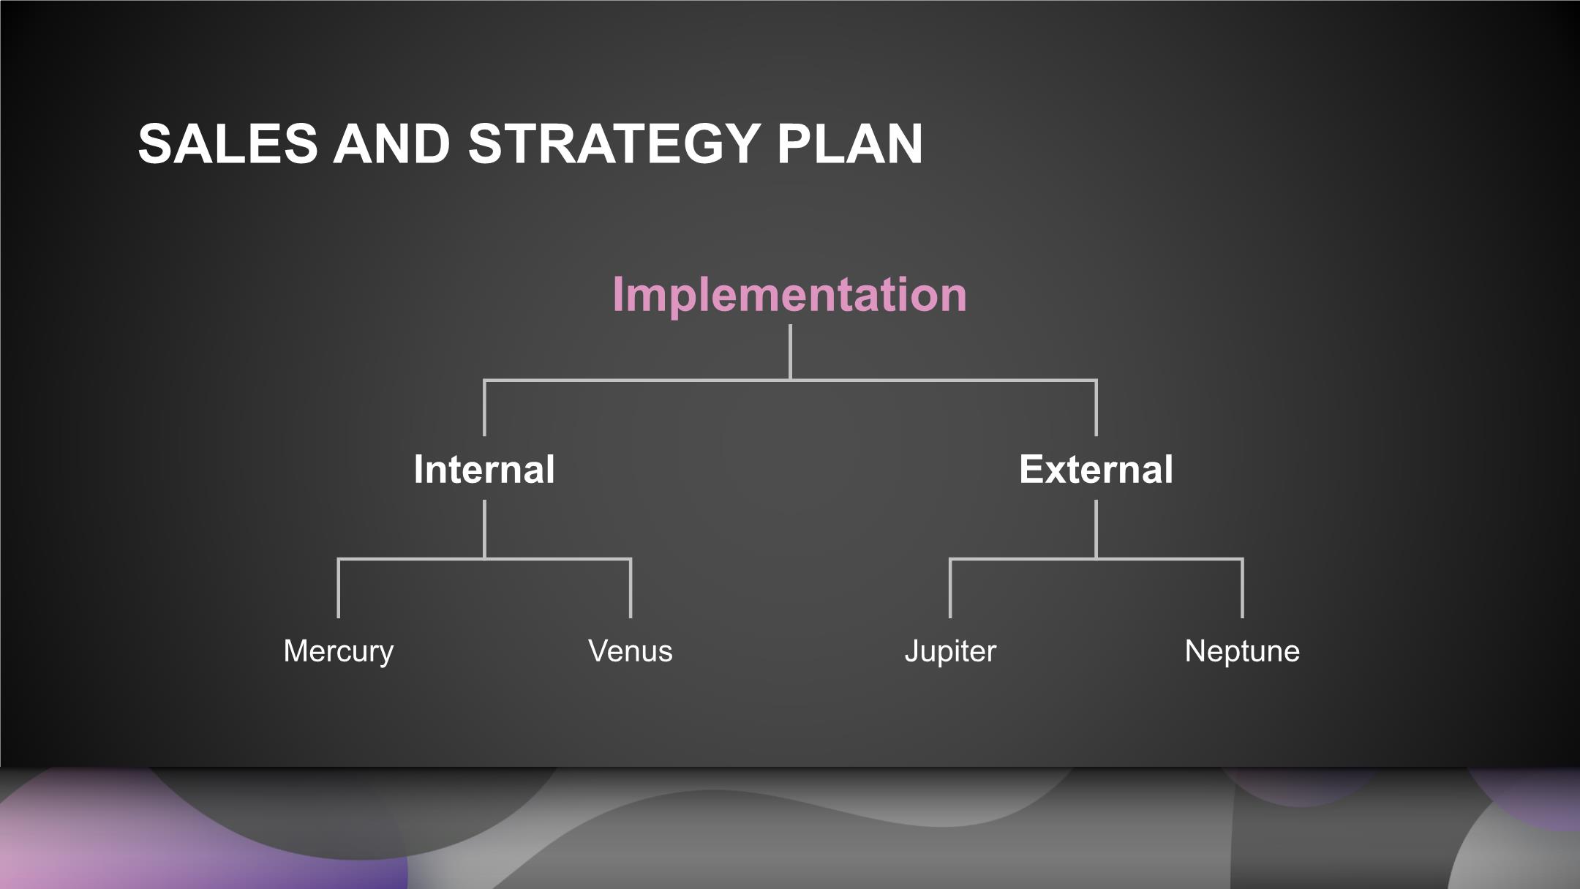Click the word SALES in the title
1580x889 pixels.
tap(228, 143)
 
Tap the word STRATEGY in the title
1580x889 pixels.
tap(614, 143)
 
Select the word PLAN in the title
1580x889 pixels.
tap(850, 143)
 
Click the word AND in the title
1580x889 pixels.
tap(392, 143)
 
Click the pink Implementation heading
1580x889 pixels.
tap(790, 294)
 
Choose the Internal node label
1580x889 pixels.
tap(484, 469)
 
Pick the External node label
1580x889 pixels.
tap(1096, 469)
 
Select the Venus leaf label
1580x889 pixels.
tap(631, 651)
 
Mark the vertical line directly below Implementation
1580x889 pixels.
tap(791, 352)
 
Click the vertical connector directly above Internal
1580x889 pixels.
tap(484, 408)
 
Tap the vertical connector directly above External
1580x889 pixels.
tap(1096, 408)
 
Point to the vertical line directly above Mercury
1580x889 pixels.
tap(338, 588)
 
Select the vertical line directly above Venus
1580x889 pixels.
tap(631, 588)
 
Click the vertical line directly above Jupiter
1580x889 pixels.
tap(950, 588)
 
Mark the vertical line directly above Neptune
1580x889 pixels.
tap(1242, 588)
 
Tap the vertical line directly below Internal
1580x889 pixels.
tap(484, 530)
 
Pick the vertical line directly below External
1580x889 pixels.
tap(1096, 530)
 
